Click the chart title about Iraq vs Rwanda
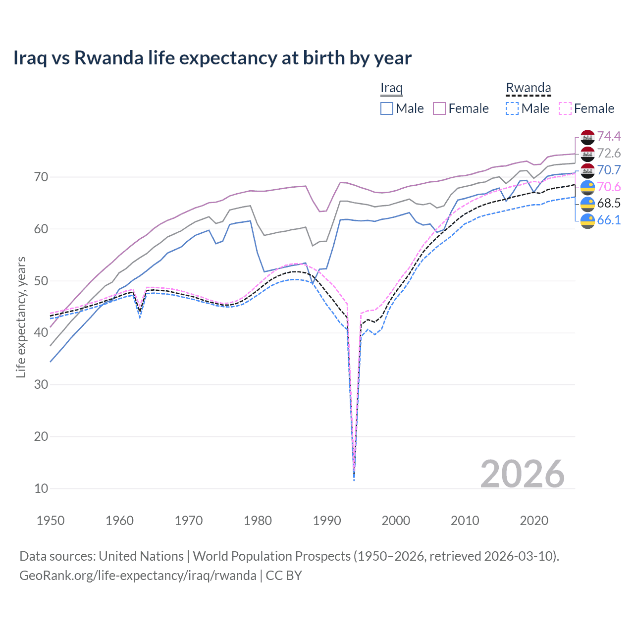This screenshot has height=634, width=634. tap(212, 58)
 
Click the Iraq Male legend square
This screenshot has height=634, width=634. tap(387, 108)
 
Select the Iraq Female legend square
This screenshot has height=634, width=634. tap(439, 108)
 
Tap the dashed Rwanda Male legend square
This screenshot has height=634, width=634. tap(512, 108)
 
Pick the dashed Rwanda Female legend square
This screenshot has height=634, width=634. tap(565, 108)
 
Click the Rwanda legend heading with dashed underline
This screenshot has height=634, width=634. tap(528, 88)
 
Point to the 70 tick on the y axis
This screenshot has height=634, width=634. tap(41, 177)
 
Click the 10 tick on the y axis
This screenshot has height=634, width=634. tap(41, 488)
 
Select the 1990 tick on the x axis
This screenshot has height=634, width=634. tap(327, 521)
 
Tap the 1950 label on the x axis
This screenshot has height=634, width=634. tap(51, 521)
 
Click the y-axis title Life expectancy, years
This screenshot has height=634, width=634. tap(21, 317)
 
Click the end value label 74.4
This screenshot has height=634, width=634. tap(609, 136)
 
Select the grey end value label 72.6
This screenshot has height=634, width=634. tap(609, 153)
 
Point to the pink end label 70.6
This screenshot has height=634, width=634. tap(609, 187)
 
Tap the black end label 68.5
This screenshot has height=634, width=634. tap(609, 203)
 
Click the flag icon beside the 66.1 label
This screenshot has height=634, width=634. tap(587, 220)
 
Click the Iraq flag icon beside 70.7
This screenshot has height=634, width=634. tap(587, 170)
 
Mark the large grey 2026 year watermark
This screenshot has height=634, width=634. tap(522, 474)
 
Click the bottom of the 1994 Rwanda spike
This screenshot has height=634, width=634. tap(354, 478)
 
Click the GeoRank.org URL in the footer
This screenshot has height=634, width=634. tap(138, 576)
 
